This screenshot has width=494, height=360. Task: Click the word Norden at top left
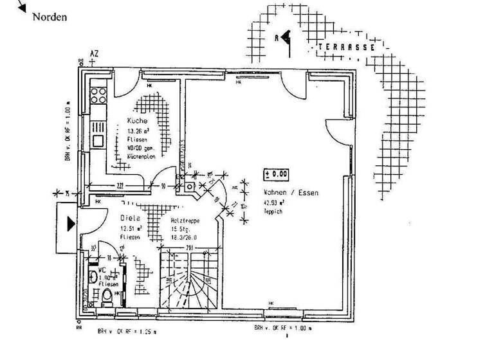coord(50,17)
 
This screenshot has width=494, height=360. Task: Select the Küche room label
coord(137,121)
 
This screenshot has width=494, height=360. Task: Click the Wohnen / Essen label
coord(290,192)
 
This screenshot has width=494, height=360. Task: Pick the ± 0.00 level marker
coord(277,174)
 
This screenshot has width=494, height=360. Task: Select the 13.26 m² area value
coord(138,130)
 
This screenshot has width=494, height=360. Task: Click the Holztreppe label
coord(185,221)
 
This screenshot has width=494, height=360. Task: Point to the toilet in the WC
coord(106,295)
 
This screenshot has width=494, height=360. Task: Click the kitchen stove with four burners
coord(98,96)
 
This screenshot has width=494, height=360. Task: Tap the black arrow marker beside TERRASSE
coord(286,37)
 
